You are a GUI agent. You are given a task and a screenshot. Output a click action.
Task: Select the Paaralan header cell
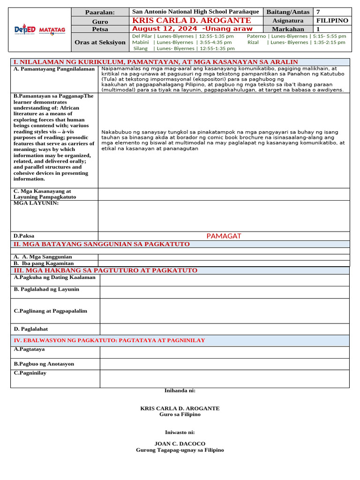pos(100,12)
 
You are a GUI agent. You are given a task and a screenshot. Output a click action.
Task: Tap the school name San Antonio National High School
pos(195,12)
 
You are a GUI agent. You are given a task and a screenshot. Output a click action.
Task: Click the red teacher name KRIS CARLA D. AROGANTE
pos(192,21)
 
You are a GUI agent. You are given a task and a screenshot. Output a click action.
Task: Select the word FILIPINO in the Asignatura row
pos(332,21)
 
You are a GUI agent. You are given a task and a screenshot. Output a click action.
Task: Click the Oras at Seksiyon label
pos(100,42)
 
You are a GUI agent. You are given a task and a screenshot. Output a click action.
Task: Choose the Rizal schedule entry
pos(296,42)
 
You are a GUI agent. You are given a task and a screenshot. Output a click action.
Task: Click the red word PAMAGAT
pos(224,236)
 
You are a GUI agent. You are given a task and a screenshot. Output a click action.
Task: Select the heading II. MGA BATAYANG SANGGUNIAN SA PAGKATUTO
pos(102,244)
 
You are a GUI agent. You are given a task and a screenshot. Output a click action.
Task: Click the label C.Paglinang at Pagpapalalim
pos(50,311)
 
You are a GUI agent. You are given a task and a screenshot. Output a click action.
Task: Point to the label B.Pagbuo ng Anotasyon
pos(44,364)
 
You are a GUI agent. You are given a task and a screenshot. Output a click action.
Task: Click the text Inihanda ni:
pos(180,390)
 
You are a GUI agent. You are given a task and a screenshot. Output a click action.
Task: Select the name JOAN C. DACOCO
pos(180,443)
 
